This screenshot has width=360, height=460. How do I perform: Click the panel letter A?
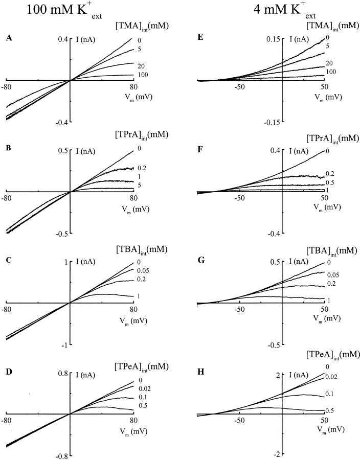click(x=8, y=37)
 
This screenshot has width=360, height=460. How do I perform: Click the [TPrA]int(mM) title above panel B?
click(x=142, y=135)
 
